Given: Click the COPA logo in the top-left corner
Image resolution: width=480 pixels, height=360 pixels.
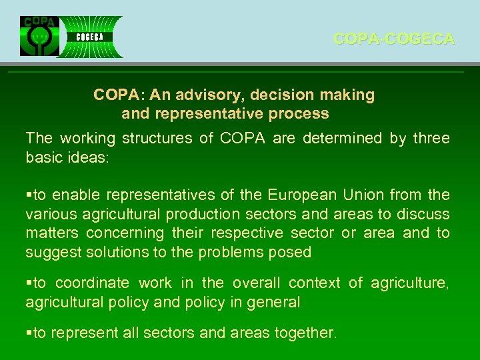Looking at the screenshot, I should [x=39, y=36].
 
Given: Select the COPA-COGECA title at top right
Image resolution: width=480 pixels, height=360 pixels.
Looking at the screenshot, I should [x=394, y=39].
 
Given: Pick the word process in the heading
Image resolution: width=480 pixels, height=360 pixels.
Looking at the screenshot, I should [x=298, y=114].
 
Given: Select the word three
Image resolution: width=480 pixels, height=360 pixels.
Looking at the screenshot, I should [x=431, y=139].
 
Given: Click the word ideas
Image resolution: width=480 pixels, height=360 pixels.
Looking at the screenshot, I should [x=91, y=158].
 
